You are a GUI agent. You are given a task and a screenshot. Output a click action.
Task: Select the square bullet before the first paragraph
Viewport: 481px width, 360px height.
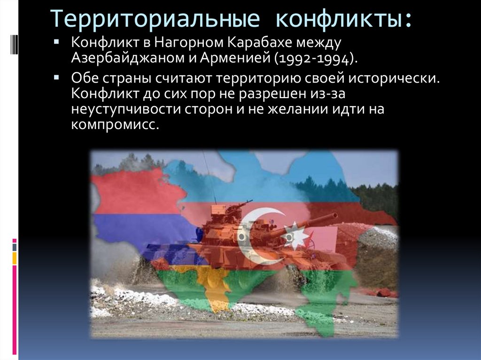point(56,42)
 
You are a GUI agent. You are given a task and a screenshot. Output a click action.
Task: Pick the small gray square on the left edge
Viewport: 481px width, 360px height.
point(15,246)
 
